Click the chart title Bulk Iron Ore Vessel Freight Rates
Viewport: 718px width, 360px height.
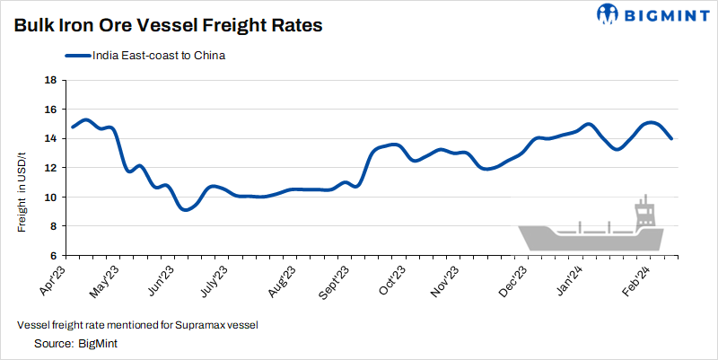[168, 26]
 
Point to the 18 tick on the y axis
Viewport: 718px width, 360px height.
[50, 80]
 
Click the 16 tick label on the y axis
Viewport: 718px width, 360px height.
[50, 110]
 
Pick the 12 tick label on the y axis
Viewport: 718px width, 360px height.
[50, 168]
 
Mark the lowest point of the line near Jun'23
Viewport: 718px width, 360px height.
[185, 209]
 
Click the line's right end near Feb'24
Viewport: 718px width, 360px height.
[672, 138]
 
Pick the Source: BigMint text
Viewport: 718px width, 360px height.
[77, 343]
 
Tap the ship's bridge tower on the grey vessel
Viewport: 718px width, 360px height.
[644, 214]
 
